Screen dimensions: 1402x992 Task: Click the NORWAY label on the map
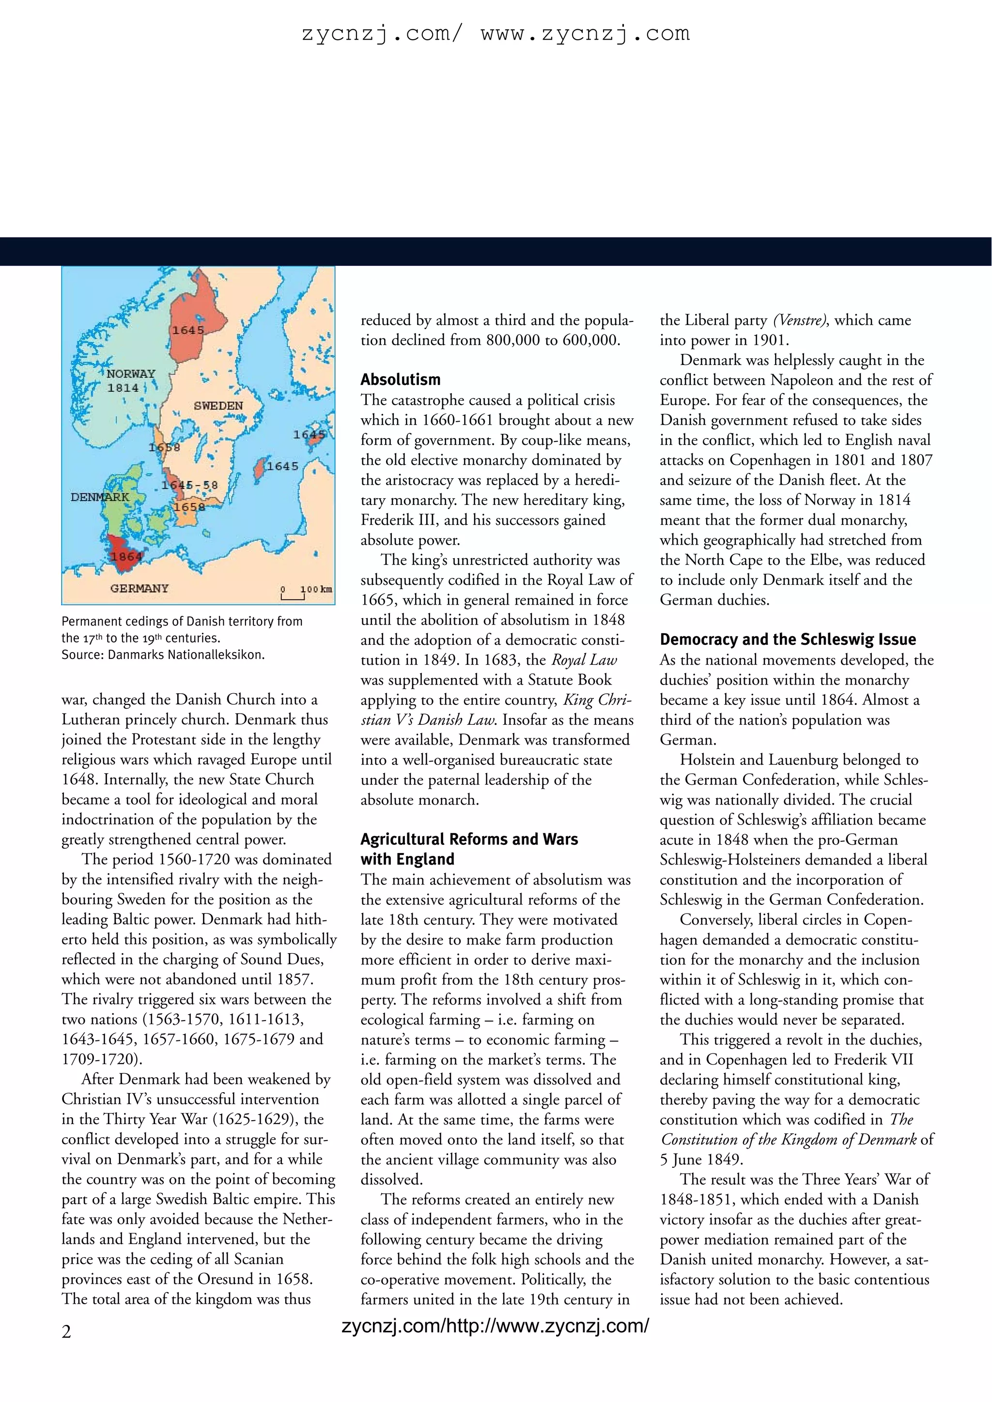pos(131,374)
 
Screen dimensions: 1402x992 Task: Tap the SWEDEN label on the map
pos(218,406)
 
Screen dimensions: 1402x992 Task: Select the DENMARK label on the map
pos(100,497)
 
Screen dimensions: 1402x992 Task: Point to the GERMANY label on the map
pos(139,589)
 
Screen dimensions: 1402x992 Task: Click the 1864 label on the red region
pos(126,557)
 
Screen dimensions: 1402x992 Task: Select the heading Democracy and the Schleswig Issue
pos(788,640)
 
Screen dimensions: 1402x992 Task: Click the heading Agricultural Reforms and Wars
pos(468,839)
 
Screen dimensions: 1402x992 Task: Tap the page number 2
pos(66,1331)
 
